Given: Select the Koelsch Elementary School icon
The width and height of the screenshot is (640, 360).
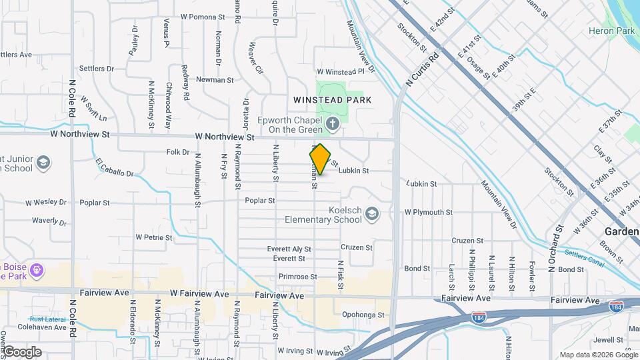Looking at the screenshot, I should tap(371, 213).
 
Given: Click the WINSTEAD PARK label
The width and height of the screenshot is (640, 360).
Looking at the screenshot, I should tap(333, 99).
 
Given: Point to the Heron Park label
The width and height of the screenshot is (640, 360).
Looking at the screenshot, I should tap(611, 31).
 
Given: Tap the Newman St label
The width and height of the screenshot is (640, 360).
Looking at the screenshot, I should tap(215, 79).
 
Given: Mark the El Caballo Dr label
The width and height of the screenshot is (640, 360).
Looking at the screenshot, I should tap(115, 168).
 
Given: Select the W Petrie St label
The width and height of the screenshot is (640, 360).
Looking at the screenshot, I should tap(154, 237).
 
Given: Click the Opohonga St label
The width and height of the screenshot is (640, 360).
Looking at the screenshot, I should tap(363, 315).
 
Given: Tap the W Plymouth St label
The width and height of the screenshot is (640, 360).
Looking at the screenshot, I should tap(429, 212).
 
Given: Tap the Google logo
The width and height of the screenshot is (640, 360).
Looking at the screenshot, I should tap(21, 351).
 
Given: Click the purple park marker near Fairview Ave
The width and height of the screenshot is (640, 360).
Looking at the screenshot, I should tap(37, 271).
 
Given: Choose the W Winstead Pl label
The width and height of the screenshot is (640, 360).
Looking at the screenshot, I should tap(341, 71).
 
